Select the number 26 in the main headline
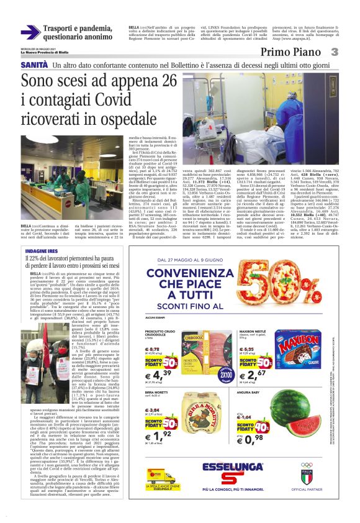pyautogui.click(x=168, y=81)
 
